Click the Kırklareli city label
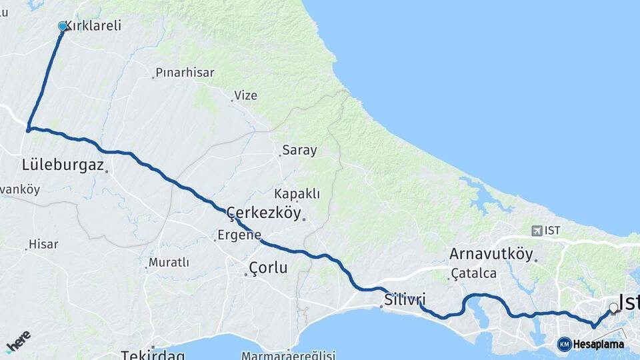93,26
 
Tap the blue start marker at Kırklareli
63,27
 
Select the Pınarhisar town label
185,72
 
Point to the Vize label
245,95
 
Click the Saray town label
299,150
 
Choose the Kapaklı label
297,194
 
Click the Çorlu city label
268,268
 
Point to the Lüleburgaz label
63,165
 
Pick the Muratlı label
169,263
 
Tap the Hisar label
44,244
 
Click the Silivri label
405,299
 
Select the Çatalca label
474,273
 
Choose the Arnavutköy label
491,254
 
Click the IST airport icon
537,231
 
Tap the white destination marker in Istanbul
613,308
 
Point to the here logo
18,341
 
